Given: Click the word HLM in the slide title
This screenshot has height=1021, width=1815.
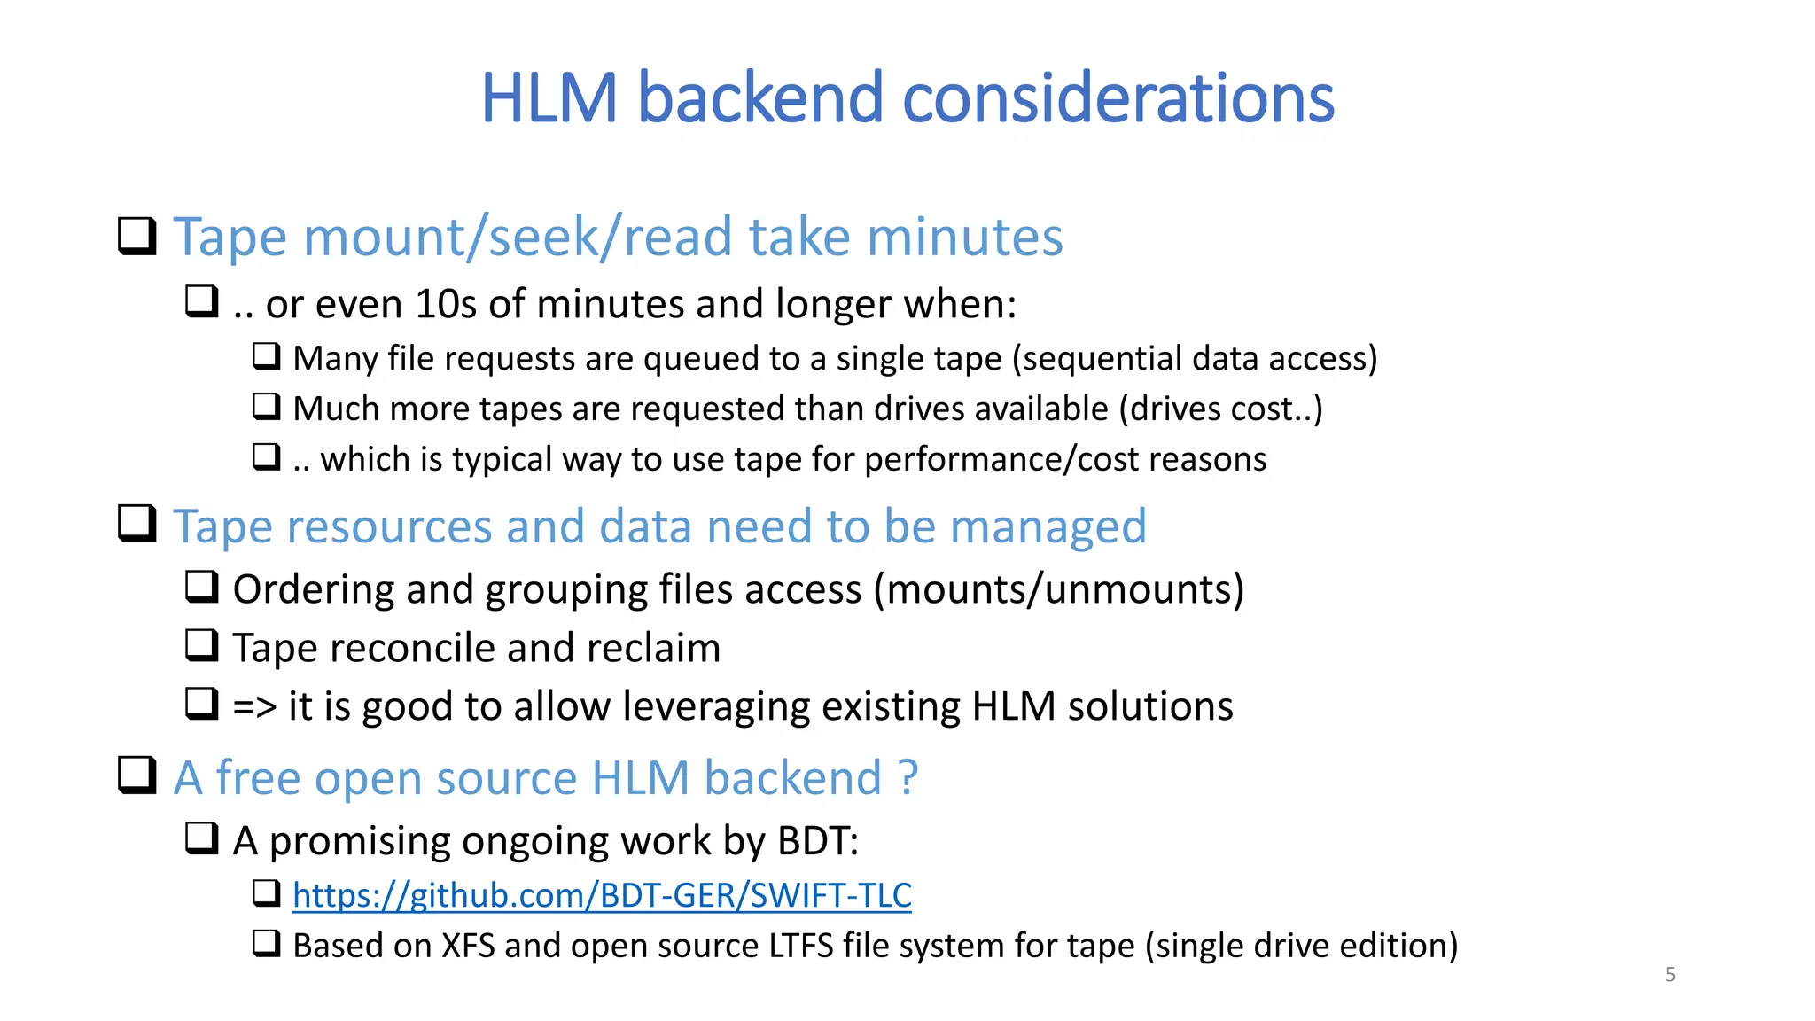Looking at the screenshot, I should pyautogui.click(x=549, y=97).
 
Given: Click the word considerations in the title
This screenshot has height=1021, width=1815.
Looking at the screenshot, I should pyautogui.click(x=1118, y=97).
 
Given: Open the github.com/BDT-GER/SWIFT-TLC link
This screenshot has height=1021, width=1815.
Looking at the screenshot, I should pyautogui.click(x=602, y=895).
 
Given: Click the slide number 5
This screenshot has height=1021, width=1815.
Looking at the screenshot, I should pyautogui.click(x=1670, y=975).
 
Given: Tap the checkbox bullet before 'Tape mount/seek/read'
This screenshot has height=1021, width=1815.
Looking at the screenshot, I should pyautogui.click(x=137, y=237).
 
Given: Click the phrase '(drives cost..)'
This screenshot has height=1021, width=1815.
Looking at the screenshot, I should pyautogui.click(x=1220, y=409).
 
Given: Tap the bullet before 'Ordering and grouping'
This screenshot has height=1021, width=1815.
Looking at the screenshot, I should pyautogui.click(x=202, y=588).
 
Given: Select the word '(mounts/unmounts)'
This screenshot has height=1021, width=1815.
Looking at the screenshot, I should pyautogui.click(x=1058, y=590).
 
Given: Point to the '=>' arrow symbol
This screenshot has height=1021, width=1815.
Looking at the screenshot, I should pyautogui.click(x=254, y=707).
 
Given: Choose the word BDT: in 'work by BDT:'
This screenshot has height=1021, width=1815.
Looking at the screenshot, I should pyautogui.click(x=817, y=841).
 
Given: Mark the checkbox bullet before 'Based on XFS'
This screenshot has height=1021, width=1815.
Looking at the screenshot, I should pyautogui.click(x=267, y=944).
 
